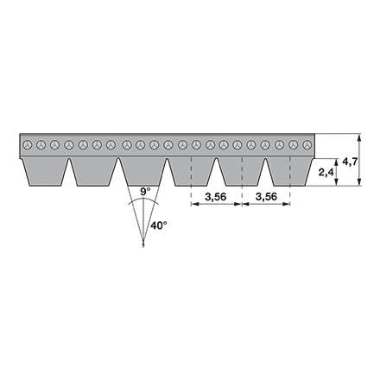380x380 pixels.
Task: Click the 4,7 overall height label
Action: coord(350,161)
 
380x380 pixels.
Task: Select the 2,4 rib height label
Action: coord(326,173)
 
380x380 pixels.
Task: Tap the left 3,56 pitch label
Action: coord(216,197)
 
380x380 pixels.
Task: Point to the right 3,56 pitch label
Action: coord(266,197)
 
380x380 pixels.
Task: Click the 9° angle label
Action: coord(145,192)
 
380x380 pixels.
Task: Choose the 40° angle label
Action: coord(159,225)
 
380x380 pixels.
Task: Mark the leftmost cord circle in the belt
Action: coord(28,145)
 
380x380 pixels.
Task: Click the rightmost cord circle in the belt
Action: coord(307,145)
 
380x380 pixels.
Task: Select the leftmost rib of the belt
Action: coord(45,172)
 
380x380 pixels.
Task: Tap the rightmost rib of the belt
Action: coord(289,172)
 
